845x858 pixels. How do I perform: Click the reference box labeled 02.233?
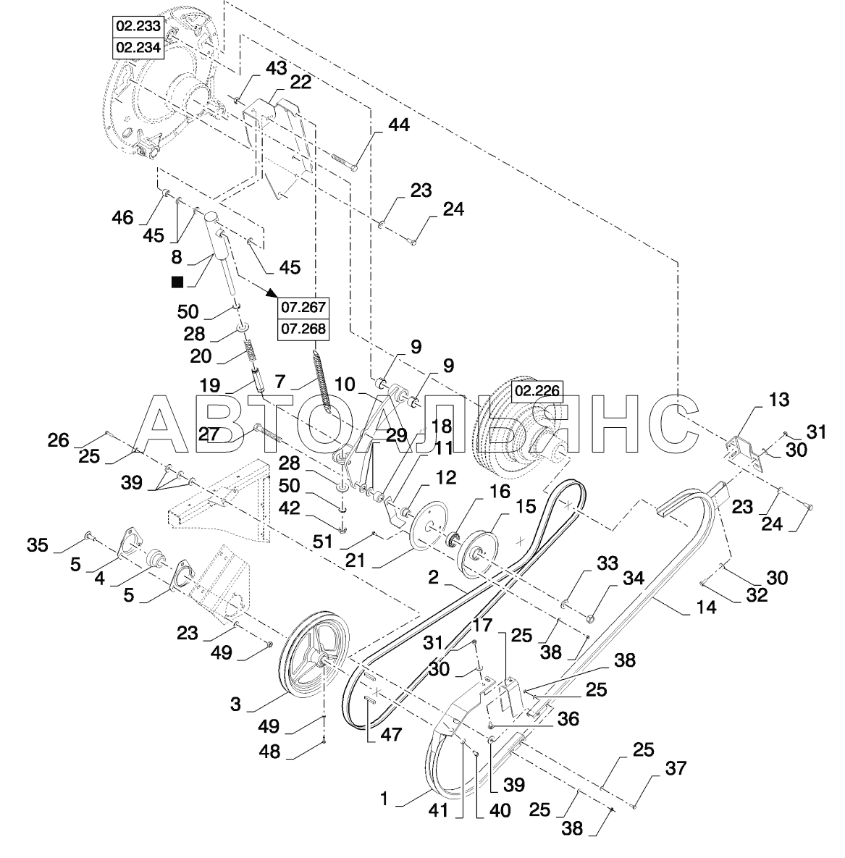tap(138, 26)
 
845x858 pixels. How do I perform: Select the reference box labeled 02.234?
tap(138, 48)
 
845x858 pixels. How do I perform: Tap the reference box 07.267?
tap(303, 308)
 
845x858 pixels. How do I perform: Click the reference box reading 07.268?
tap(303, 329)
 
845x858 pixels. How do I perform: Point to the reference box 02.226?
tap(537, 391)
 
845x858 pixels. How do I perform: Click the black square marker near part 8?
tap(177, 282)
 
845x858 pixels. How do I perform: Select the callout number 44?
tap(398, 125)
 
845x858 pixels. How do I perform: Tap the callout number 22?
tap(300, 83)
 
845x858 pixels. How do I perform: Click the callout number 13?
tap(779, 400)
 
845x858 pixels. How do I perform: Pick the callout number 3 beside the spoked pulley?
tap(235, 705)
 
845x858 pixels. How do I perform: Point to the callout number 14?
tap(706, 607)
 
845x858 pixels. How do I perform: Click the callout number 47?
tap(391, 734)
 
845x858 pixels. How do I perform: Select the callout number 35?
tap(37, 545)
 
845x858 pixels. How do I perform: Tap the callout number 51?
tap(322, 542)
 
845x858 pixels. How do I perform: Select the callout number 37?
tap(676, 768)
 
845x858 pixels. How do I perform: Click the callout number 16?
tap(499, 492)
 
